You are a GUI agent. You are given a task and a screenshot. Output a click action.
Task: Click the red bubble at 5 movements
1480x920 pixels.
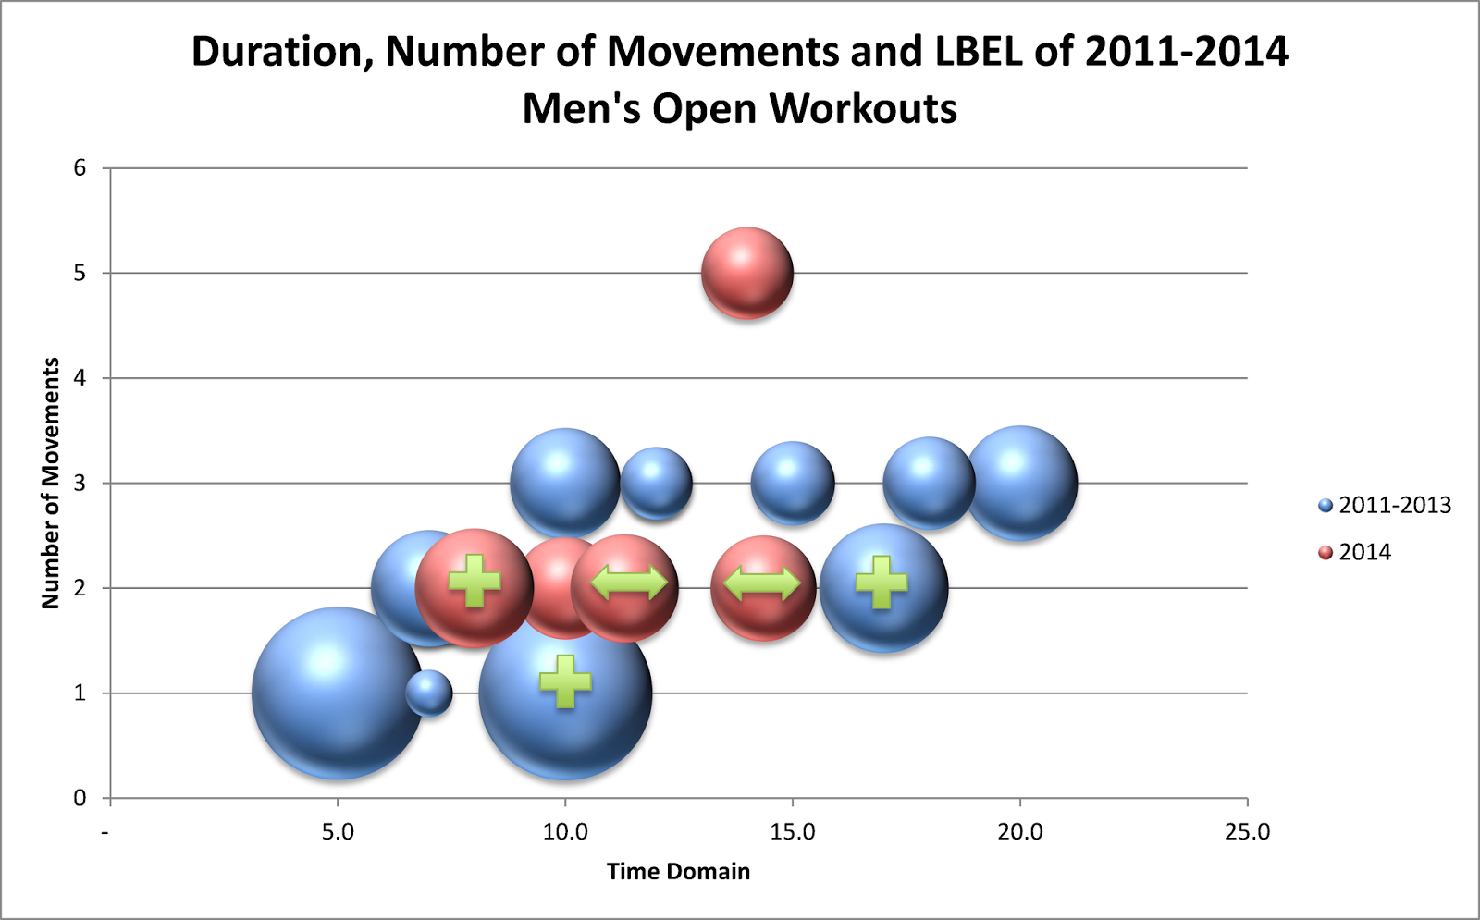pos(747,274)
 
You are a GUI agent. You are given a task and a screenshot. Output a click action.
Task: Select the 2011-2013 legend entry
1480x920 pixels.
pos(1385,505)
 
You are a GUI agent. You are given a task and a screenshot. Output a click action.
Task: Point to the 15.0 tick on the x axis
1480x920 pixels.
pos(793,832)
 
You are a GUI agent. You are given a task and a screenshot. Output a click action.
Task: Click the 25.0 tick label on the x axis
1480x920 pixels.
pos(1247,832)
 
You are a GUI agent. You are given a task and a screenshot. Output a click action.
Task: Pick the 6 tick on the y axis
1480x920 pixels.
pos(80,167)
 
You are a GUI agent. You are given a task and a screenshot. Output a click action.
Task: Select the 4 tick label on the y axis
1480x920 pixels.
pos(80,377)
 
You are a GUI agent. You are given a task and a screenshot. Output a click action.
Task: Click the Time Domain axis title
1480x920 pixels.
pos(678,871)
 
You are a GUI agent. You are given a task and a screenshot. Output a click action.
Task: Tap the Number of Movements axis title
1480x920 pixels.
pos(51,483)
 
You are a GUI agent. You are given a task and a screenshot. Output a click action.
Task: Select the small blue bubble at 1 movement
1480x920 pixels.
pos(429,693)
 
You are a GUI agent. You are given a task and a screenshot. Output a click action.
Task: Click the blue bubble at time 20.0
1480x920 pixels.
pos(1020,483)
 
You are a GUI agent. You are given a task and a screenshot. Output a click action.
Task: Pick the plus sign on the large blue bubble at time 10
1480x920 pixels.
pos(565,681)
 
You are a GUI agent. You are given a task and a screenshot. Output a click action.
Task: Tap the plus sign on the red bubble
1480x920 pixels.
pos(475,582)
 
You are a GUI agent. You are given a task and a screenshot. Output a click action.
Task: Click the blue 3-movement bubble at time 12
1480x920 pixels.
pos(657,483)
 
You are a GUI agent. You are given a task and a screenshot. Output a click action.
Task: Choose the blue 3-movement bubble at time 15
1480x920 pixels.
pos(793,483)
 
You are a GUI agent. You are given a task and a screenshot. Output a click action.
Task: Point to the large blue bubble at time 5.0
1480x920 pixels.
pos(338,693)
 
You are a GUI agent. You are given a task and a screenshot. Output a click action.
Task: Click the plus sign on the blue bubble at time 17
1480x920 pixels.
pos(882,583)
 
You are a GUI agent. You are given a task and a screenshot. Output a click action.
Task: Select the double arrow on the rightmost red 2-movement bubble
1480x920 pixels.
pos(761,583)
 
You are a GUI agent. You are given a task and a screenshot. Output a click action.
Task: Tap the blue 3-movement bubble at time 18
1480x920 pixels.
pos(929,483)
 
